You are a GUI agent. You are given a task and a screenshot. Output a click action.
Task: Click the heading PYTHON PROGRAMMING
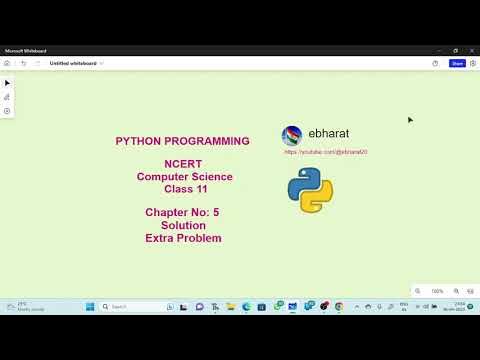182,141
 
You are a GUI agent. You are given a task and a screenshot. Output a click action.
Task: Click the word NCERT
182,164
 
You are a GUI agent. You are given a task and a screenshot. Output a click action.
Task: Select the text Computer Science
182,176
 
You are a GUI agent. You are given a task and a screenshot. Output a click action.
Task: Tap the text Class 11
182,188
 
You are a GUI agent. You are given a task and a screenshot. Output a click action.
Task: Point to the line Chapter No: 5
182,213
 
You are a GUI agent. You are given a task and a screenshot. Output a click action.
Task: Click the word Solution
182,225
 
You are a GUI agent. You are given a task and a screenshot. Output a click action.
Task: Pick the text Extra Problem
182,238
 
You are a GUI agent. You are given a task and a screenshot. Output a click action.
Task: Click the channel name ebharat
328,133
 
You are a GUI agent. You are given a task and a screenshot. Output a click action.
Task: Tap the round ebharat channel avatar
292,136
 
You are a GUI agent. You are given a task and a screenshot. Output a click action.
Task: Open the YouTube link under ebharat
326,152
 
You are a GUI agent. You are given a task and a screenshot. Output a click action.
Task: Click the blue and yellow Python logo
310,190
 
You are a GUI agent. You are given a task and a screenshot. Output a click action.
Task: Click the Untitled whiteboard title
73,63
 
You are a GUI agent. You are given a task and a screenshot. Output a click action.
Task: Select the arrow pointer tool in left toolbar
7,83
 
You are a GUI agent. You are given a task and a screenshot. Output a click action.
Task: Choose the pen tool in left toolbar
7,97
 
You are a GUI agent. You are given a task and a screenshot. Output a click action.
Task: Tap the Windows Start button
89,306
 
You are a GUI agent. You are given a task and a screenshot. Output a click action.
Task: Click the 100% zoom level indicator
437,291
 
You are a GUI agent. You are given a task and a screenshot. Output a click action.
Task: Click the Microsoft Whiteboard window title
26,50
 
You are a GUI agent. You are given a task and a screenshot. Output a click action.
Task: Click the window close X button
471,50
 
